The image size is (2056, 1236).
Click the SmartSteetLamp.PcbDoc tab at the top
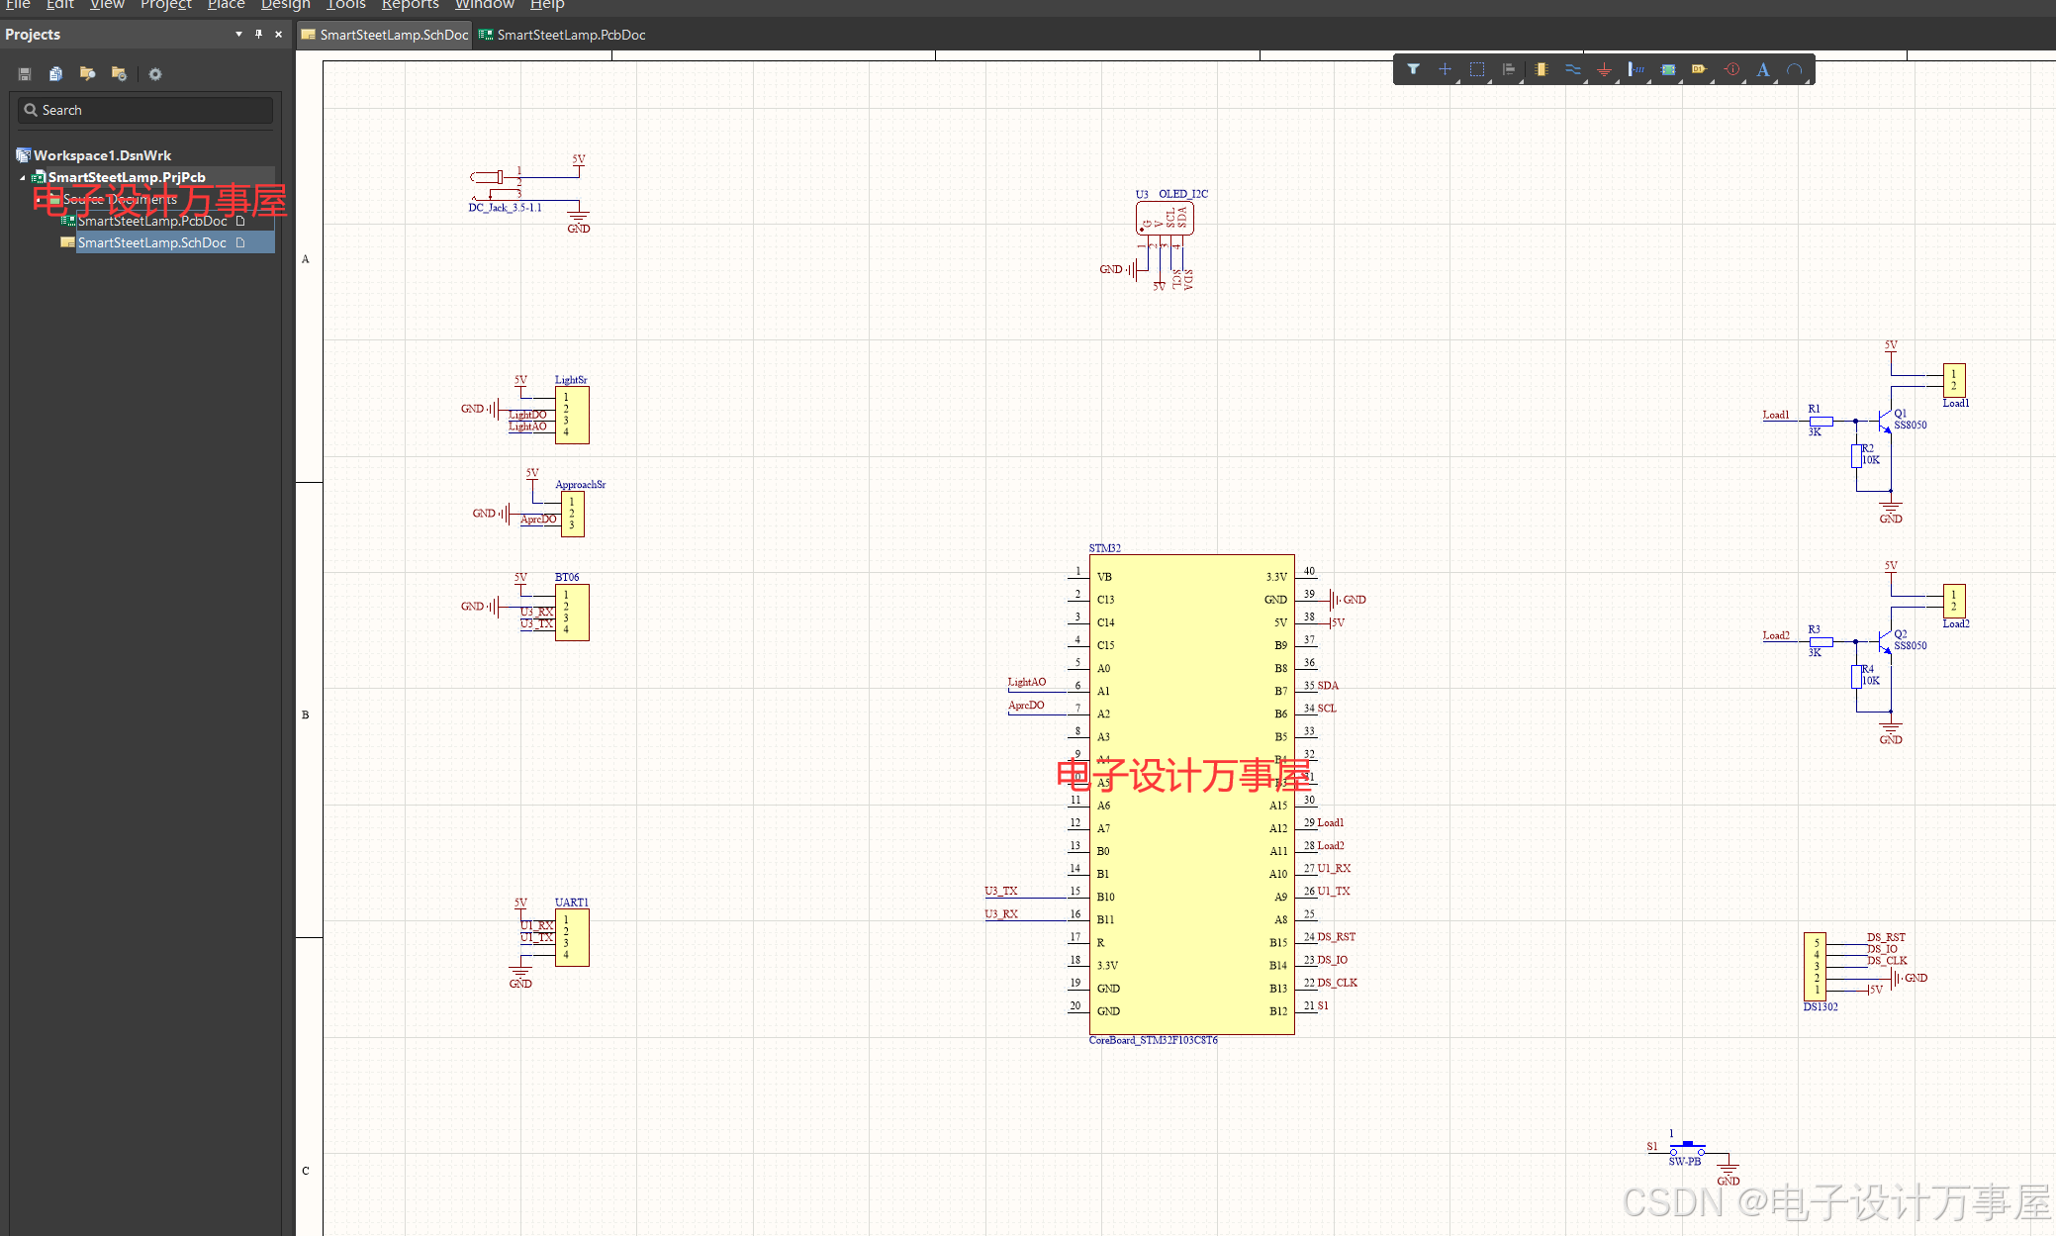click(x=570, y=35)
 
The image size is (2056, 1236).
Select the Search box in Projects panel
click(x=144, y=110)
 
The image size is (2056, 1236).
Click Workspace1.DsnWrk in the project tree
click(x=102, y=155)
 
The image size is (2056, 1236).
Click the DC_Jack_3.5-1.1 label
click(x=505, y=208)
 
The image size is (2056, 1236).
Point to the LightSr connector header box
click(x=572, y=416)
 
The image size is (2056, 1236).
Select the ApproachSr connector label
click(x=580, y=485)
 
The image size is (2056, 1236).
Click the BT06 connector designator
click(x=567, y=577)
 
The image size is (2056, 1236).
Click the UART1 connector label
click(x=571, y=903)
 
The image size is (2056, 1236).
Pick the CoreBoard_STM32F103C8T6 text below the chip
click(x=1153, y=1040)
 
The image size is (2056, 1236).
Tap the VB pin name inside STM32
click(x=1104, y=577)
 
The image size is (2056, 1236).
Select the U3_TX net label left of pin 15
click(x=1000, y=891)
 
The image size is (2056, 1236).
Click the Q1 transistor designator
click(x=1900, y=414)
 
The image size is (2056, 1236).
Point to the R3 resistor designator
click(x=1814, y=629)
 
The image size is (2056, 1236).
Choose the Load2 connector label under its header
click(x=1955, y=623)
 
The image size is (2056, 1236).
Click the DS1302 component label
click(x=1820, y=1006)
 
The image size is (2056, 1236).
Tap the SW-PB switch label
click(x=1684, y=1162)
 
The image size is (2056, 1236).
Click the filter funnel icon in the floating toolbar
click(x=1413, y=69)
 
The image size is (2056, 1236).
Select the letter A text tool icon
click(x=1762, y=69)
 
